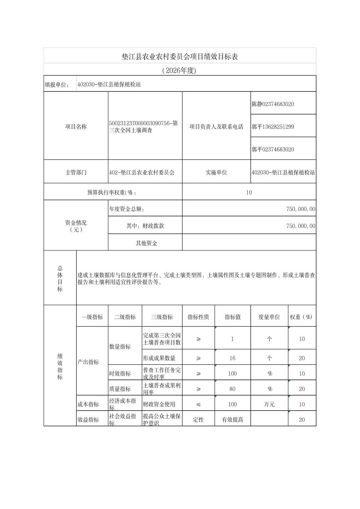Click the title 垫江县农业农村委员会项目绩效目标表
click(x=180, y=57)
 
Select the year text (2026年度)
click(x=179, y=70)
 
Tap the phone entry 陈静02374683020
click(x=273, y=104)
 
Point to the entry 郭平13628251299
click(x=273, y=127)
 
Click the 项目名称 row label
click(x=76, y=127)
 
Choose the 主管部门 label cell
click(x=76, y=172)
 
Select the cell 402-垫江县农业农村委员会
click(x=142, y=173)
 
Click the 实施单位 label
click(x=216, y=172)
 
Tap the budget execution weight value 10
click(x=249, y=193)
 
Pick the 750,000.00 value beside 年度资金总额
click(x=301, y=209)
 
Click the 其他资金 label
click(x=146, y=243)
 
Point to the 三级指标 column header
click(x=162, y=317)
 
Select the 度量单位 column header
click(x=269, y=317)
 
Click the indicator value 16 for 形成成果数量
click(x=232, y=358)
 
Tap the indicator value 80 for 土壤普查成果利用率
click(x=232, y=389)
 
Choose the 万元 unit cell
click(x=269, y=405)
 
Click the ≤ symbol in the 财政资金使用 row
click(x=198, y=405)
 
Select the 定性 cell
click(x=198, y=420)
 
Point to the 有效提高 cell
click(x=232, y=420)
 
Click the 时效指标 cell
click(x=120, y=374)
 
